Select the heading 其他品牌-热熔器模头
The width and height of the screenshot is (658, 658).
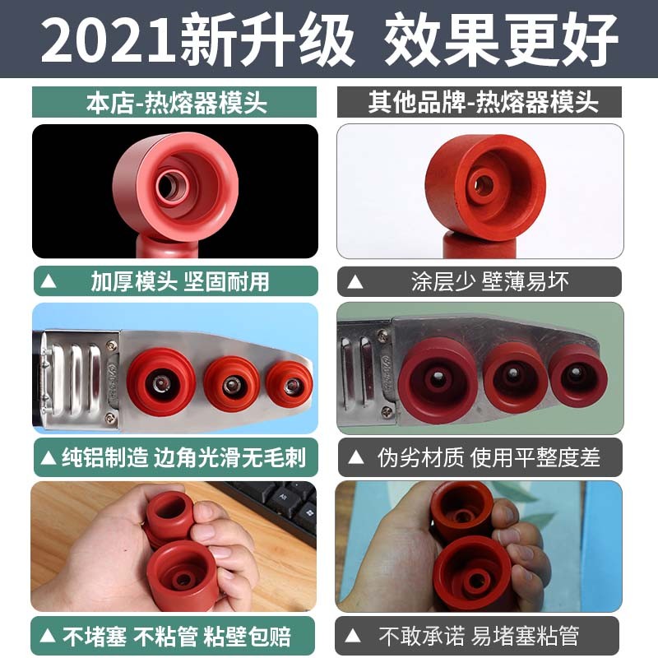tap(483, 103)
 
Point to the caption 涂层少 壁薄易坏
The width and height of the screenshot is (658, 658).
tap(489, 281)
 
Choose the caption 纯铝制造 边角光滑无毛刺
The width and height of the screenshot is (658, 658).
tap(184, 458)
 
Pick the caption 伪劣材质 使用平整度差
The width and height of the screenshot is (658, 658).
tap(489, 458)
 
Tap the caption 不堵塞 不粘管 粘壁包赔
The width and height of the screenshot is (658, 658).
tap(176, 636)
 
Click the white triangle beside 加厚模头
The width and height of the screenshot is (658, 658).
tap(49, 281)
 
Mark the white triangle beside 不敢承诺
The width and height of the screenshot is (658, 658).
tap(355, 636)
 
